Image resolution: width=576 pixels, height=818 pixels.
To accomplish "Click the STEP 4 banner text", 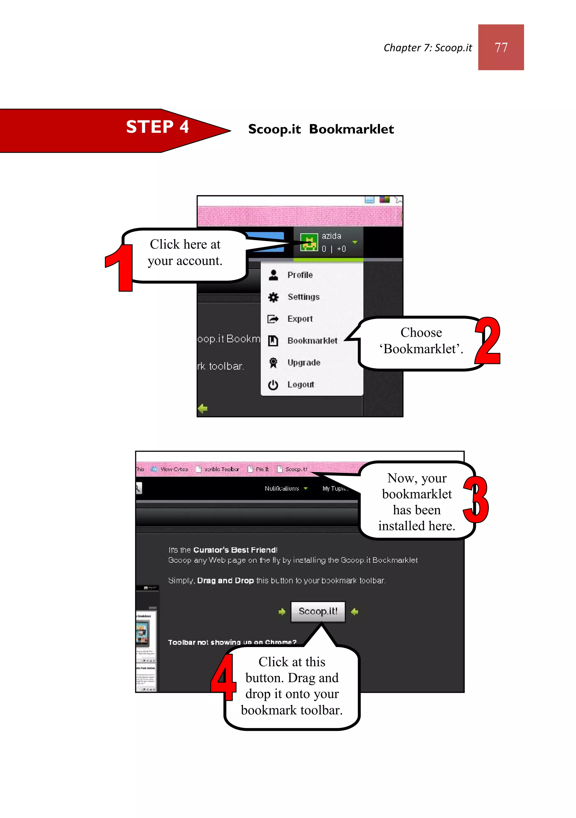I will pos(157,127).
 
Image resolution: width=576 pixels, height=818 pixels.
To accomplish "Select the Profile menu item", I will pos(300,275).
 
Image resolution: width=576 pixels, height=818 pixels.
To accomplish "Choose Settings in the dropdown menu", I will pos(303,297).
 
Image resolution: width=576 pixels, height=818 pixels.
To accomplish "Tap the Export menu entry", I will pos(300,319).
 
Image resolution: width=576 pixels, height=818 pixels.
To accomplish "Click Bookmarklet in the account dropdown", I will pos(312,341).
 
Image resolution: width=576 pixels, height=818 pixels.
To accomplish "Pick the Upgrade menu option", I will pos(304,363).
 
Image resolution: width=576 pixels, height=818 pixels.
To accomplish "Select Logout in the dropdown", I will pos(300,384).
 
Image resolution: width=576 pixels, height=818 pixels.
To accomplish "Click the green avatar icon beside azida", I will pos(309,242).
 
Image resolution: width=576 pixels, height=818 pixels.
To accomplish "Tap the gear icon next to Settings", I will pos(273,297).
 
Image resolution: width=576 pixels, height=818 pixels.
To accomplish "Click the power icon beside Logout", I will pos(273,385).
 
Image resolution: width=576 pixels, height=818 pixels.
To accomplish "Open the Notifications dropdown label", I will pos(282,488).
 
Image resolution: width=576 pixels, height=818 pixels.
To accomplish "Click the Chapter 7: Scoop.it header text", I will pos(427,48).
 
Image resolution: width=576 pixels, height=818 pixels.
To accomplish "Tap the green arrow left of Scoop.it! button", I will pos(282,612).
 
